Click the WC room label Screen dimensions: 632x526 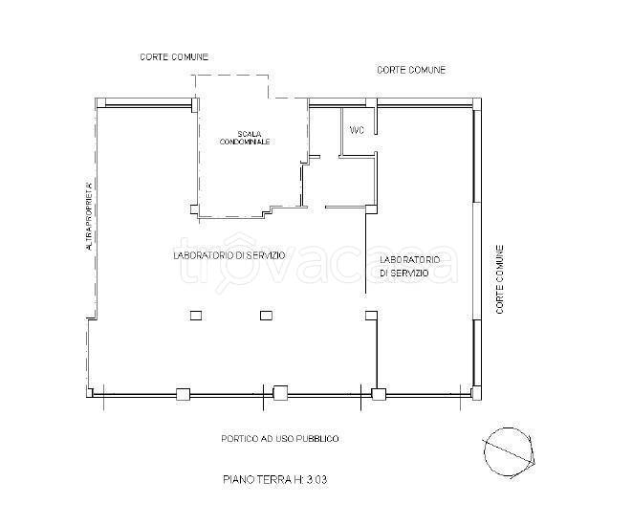point(357,131)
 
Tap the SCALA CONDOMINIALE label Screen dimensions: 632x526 point(244,138)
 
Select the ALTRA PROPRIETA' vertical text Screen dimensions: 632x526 point(89,216)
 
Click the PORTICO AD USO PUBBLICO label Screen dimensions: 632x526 point(280,439)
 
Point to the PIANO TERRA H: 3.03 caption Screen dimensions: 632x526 point(275,480)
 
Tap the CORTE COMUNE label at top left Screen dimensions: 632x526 point(174,56)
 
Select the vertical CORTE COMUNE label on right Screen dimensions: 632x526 point(499,279)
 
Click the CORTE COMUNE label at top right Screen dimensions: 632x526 point(411,70)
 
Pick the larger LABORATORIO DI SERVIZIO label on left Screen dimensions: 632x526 point(229,255)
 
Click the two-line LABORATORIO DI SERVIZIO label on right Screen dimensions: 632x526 point(410,267)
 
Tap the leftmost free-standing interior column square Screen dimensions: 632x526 point(196,316)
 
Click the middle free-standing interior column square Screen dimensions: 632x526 point(266,316)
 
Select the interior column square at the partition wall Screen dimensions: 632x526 point(371,316)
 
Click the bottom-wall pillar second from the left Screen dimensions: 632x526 point(183,394)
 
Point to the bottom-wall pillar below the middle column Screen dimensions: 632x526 point(280,393)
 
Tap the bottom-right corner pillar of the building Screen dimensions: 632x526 point(476,392)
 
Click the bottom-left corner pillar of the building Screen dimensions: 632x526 point(90,392)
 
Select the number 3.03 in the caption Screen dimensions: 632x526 point(316,480)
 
